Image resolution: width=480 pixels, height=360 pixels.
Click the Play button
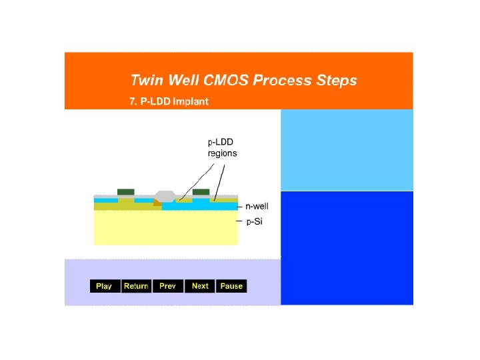point(104,286)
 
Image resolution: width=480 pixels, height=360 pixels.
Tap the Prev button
point(168,286)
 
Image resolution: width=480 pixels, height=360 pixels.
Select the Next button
point(200,286)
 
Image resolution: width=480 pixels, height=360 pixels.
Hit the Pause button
point(231,286)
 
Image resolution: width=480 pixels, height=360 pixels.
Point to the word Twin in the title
point(146,81)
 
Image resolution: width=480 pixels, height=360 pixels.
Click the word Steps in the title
point(336,81)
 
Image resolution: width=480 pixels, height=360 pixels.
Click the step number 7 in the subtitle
point(133,102)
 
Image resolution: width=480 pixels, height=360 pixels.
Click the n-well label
point(257,207)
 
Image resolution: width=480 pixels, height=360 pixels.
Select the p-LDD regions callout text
point(222,147)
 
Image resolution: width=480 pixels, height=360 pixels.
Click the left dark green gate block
point(126,192)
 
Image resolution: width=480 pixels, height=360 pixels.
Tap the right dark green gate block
point(201,192)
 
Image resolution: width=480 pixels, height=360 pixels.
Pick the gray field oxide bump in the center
point(164,196)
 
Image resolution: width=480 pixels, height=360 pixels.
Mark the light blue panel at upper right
point(347,150)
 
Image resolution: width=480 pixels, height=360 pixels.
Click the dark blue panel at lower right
point(347,247)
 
